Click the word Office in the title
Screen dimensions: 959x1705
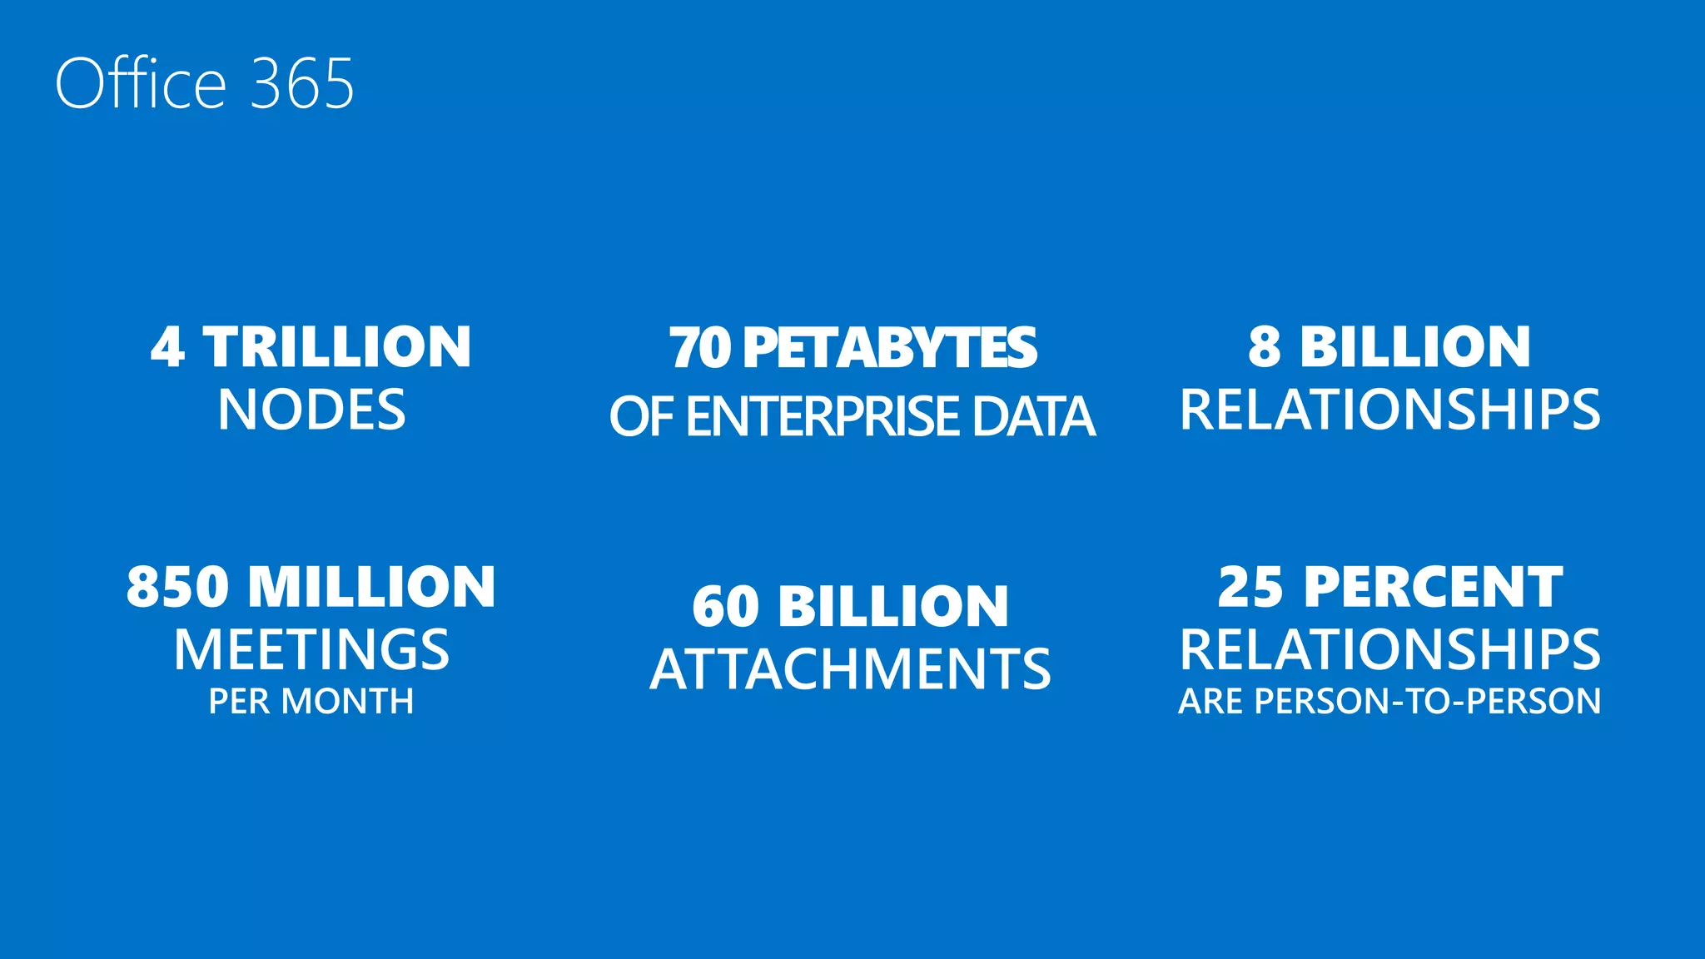point(141,83)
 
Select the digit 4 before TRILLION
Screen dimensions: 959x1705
point(167,347)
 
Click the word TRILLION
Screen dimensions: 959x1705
point(338,347)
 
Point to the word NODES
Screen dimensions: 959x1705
point(311,410)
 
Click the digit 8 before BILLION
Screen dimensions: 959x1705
point(1264,347)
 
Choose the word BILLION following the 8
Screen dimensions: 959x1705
point(1415,347)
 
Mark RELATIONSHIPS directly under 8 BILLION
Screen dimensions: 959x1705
point(1389,410)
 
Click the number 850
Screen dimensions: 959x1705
point(177,587)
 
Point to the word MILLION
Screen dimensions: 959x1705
point(372,587)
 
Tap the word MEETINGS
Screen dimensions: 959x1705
point(311,649)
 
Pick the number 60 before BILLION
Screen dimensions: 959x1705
point(725,606)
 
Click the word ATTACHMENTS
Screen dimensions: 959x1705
point(850,669)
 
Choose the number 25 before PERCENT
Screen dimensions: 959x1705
point(1250,587)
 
